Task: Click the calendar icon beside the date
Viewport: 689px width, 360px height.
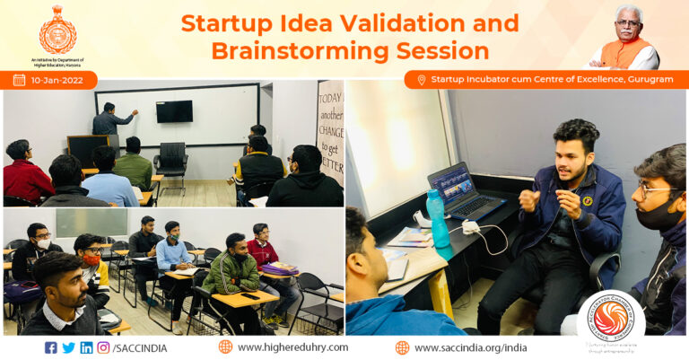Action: (x=19, y=80)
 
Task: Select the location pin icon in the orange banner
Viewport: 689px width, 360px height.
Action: (x=421, y=80)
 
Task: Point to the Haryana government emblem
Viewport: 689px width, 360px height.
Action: (x=57, y=30)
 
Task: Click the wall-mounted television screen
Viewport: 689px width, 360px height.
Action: (x=174, y=111)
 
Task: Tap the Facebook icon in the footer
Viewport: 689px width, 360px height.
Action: (x=50, y=347)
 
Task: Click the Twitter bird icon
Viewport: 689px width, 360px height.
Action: (x=68, y=347)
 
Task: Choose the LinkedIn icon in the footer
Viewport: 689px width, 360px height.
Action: (x=86, y=347)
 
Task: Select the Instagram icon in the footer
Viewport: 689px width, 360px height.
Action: (x=103, y=347)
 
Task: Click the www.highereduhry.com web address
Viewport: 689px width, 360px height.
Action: (x=292, y=347)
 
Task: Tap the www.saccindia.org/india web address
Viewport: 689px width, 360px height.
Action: (x=470, y=347)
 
